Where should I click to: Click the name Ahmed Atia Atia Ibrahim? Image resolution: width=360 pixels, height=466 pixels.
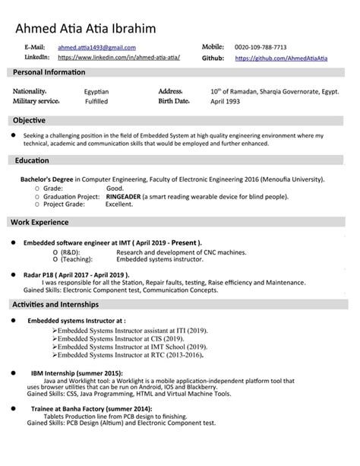pos(84,29)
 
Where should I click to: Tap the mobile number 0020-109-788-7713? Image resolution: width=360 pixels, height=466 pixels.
pos(261,47)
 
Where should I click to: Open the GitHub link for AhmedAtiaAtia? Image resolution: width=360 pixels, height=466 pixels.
pos(281,58)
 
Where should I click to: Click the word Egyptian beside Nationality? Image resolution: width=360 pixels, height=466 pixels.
pos(96,90)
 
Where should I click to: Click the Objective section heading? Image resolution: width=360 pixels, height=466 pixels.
pos(30,120)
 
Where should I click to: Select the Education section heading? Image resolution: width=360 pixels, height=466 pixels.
pos(32,160)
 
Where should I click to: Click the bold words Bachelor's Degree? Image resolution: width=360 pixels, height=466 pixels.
pos(49,179)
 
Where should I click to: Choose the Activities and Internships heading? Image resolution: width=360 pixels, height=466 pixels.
pos(55,304)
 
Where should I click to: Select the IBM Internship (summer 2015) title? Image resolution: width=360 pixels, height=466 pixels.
pos(77,374)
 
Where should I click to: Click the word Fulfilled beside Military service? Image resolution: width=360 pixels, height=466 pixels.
pos(96,101)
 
